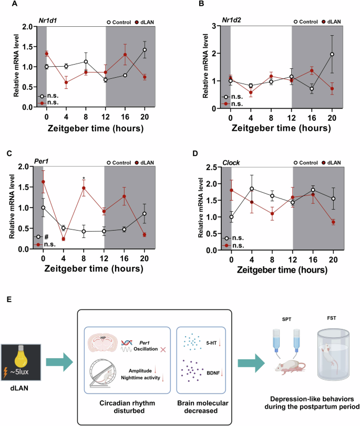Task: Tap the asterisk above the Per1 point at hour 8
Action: click(84, 179)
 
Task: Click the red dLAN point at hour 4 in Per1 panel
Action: click(63, 239)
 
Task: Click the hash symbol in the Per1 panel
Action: click(46, 237)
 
